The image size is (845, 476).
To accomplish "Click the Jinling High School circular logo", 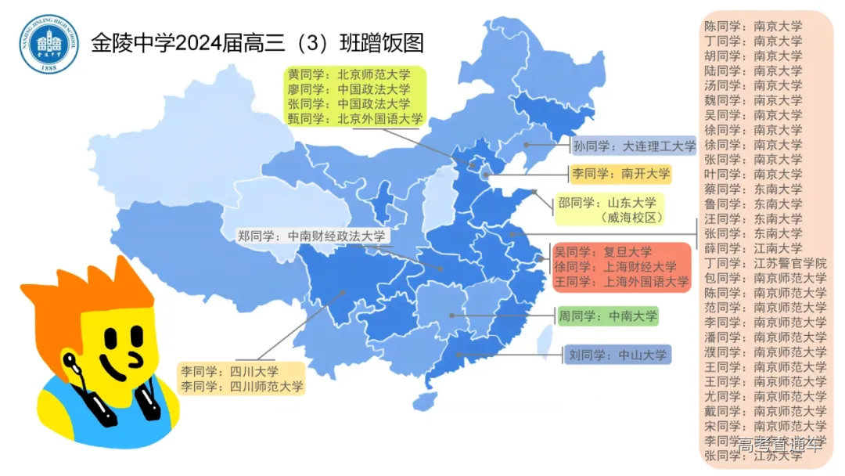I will click(49, 44).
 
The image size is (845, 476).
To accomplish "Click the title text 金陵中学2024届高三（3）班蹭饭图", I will click(257, 42).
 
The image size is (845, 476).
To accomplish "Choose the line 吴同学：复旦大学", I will click(602, 252).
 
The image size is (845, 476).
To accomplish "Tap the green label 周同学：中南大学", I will click(607, 316).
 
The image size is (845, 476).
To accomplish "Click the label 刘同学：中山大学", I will click(617, 355).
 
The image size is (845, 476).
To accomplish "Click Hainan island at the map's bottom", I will click(424, 402).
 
